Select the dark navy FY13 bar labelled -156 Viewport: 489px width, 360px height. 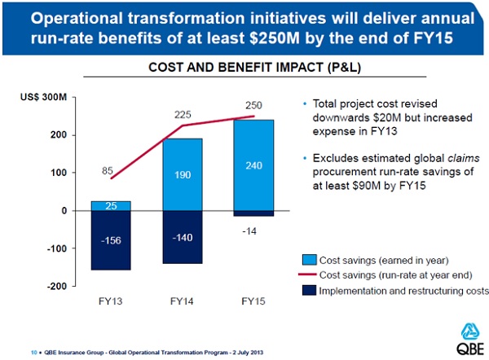click(110, 240)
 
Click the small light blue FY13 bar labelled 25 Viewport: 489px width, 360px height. click(110, 205)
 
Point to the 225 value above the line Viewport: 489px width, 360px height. click(182, 115)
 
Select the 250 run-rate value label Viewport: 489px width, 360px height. click(253, 105)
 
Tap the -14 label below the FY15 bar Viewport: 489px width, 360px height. click(250, 230)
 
